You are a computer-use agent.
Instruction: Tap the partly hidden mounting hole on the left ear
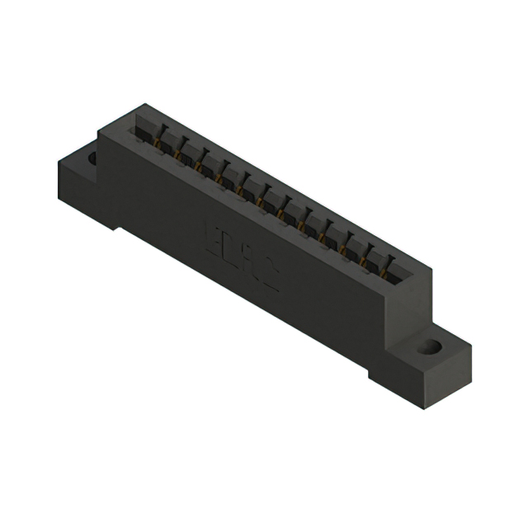pos(92,157)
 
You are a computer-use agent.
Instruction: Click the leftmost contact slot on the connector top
pos(148,131)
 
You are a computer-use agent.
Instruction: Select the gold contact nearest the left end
pos(156,146)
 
